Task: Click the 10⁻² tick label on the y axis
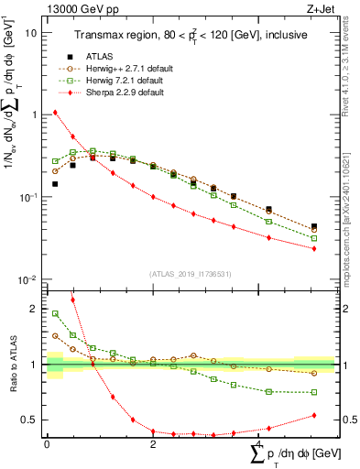27,279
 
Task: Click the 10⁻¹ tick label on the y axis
27,197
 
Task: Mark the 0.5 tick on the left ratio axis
32,420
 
